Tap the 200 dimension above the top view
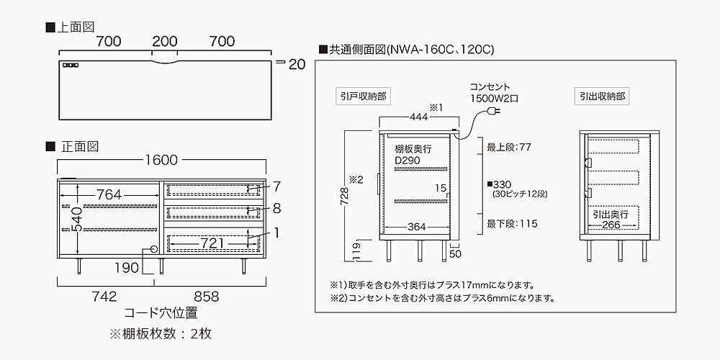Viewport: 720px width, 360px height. (165, 41)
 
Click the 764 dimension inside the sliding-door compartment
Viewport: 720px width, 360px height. (109, 194)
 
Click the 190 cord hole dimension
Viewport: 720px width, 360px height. (127, 268)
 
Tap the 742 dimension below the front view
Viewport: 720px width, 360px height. (105, 297)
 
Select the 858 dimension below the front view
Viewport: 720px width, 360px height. (206, 297)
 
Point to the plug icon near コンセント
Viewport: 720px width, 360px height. (495, 112)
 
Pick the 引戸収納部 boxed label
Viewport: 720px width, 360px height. (363, 94)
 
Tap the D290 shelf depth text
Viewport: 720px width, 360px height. (409, 161)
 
